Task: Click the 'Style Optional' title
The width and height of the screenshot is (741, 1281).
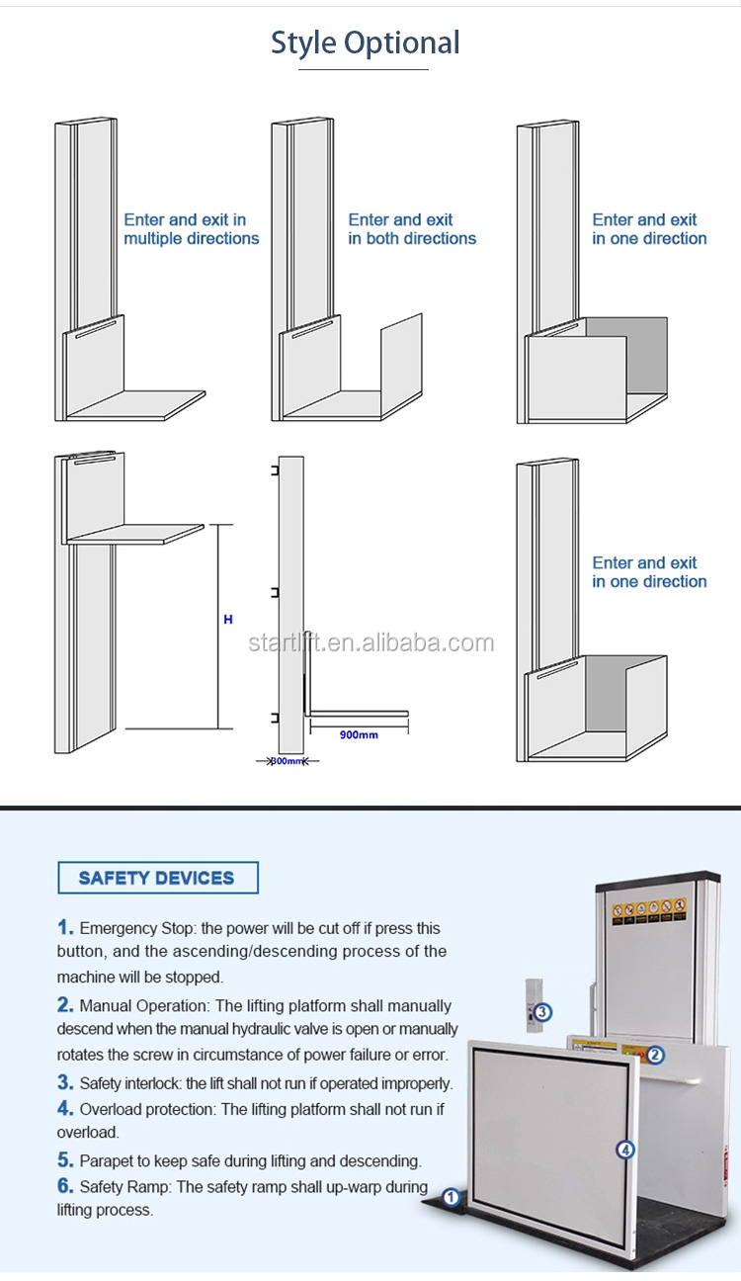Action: coord(366,43)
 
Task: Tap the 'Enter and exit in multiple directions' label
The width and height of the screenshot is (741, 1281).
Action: coord(191,229)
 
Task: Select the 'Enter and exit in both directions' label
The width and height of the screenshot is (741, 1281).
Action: coord(412,229)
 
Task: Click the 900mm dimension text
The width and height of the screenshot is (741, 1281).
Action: coord(358,734)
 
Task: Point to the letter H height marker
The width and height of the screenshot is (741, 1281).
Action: coord(228,620)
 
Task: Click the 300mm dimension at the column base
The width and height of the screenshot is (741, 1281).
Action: coord(288,761)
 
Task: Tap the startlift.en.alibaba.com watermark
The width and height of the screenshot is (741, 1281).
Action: coord(370,643)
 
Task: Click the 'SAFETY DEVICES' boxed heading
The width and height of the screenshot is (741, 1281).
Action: coord(157,878)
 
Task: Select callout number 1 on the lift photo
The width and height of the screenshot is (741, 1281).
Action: coord(451,1198)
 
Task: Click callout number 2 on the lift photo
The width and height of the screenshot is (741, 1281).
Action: coord(655,1055)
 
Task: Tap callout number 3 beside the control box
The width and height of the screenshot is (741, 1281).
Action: coord(542,1011)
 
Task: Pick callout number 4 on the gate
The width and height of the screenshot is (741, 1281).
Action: coord(624,1150)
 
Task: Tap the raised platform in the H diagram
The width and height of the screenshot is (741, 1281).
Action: coord(136,534)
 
